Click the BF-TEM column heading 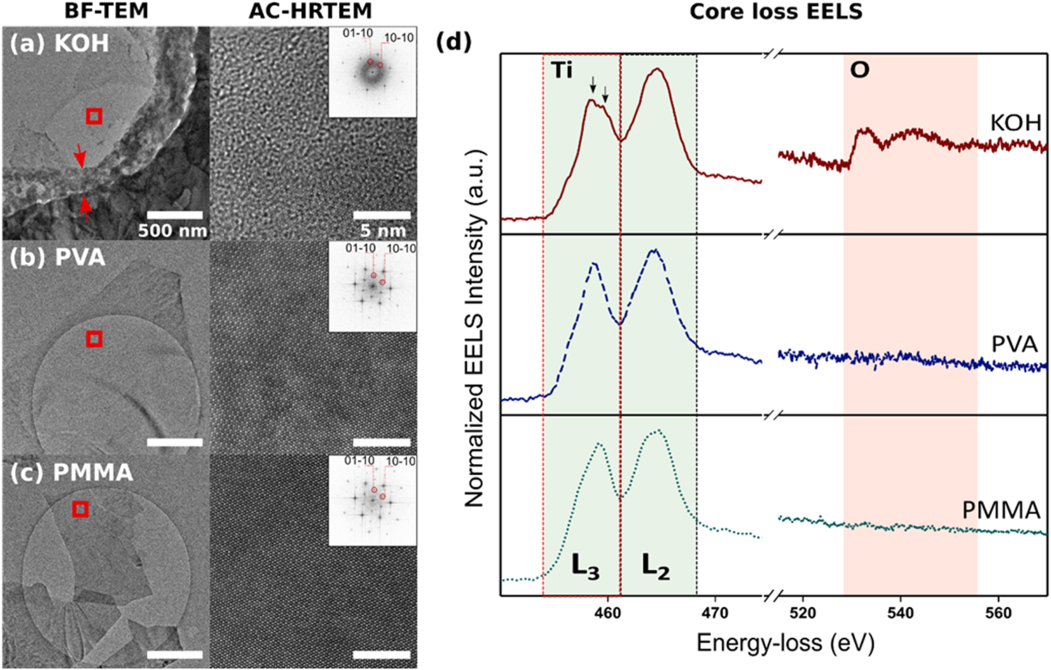106,11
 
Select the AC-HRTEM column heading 310,11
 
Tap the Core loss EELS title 776,12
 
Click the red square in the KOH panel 94,116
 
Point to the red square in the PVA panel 94,339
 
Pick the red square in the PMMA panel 80,509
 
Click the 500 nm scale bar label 172,231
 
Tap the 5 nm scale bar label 382,231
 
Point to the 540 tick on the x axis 900,613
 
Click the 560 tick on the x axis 998,613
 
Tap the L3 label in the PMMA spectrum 585,567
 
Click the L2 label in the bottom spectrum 655,567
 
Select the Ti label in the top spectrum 562,71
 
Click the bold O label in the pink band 859,71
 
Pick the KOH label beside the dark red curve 1015,123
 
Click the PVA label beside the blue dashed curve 1014,344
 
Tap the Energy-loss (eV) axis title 785,643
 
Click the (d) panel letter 453,42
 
